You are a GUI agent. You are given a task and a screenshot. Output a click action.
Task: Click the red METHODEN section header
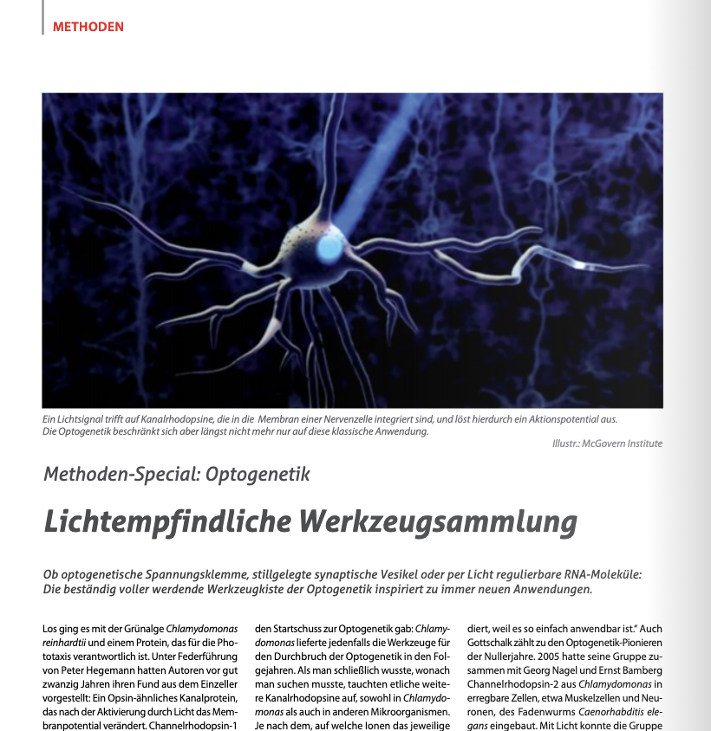88,26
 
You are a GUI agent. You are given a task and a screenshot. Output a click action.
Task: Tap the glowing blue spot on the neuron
329,249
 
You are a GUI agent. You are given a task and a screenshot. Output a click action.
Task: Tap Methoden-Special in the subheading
108,474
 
